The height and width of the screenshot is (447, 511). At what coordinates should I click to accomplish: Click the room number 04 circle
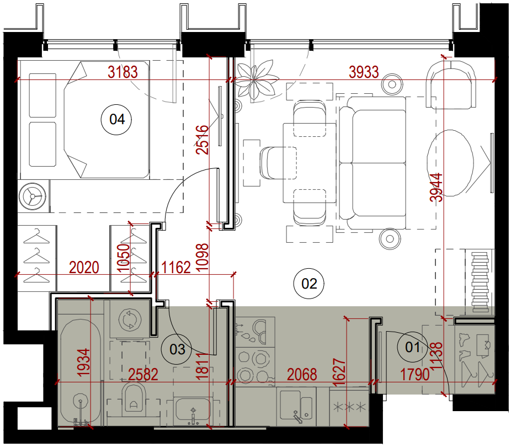point(116,119)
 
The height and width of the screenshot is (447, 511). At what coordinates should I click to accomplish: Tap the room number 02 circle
point(309,284)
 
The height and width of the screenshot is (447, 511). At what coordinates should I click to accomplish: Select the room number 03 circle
point(177,349)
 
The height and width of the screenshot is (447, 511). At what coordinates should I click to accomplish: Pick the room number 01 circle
point(412,347)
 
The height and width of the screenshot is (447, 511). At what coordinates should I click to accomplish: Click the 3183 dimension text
point(123,72)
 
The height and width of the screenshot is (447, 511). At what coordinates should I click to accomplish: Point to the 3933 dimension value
point(364,72)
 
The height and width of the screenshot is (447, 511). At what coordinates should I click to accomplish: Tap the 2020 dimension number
point(84,268)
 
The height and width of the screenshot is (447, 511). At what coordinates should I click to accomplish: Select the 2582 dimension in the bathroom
point(143,375)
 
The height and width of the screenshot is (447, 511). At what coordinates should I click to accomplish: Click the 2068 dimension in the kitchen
point(302,375)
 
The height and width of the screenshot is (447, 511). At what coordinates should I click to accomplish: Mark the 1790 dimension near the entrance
point(414,375)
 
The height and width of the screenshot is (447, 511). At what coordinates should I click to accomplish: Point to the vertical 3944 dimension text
point(437,187)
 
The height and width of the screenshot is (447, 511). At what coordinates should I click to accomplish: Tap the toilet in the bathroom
point(134,398)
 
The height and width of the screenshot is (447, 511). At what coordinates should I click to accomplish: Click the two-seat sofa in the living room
point(372,163)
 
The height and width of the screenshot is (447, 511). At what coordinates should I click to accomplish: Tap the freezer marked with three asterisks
point(349,407)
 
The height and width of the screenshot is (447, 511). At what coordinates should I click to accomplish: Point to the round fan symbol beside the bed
point(32,196)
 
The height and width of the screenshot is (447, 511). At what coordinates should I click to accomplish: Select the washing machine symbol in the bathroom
point(130,320)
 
